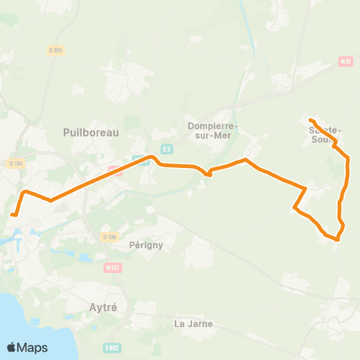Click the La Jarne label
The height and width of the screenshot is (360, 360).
[x=193, y=324]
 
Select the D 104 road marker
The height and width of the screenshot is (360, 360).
[x=15, y=163]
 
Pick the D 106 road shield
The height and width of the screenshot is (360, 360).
[x=109, y=237]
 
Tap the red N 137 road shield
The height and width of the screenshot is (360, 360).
[x=113, y=266]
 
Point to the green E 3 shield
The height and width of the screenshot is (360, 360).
[x=166, y=148]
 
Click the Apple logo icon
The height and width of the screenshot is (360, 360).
[x=12, y=347]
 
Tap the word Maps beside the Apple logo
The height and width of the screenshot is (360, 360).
[x=33, y=347]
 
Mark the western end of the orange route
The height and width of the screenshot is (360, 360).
[x=12, y=215]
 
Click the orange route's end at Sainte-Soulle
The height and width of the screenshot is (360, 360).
[x=310, y=120]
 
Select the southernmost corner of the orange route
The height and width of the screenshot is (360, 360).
[x=337, y=239]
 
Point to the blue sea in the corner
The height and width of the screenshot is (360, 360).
[x=15, y=315]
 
